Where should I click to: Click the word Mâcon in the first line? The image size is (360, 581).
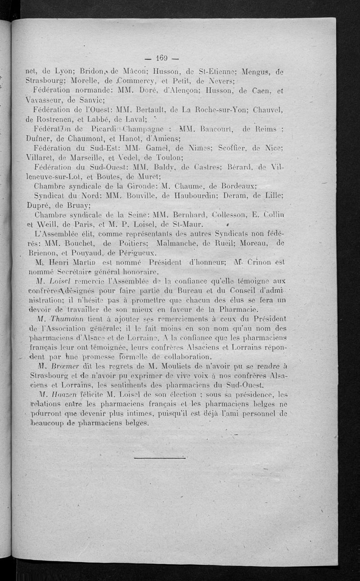coord(135,71)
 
